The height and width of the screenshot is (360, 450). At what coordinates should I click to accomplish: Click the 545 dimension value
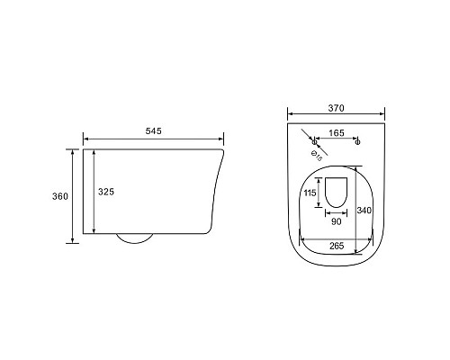click(x=153, y=131)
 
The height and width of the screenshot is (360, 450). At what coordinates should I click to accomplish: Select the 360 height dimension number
click(x=60, y=196)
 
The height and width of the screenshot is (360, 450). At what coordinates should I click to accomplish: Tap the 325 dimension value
click(x=106, y=192)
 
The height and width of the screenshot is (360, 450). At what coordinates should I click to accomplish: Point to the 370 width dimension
click(x=336, y=108)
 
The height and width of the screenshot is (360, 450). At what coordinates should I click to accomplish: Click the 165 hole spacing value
click(x=337, y=133)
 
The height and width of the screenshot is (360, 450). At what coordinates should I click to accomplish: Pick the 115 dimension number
click(x=310, y=193)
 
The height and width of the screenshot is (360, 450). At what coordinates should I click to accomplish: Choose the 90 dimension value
click(x=336, y=221)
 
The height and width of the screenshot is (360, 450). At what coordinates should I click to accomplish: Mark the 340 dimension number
click(x=364, y=211)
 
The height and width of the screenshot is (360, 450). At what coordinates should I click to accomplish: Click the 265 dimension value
click(x=337, y=246)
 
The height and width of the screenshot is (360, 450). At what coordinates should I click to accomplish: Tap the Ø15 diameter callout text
click(x=317, y=157)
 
